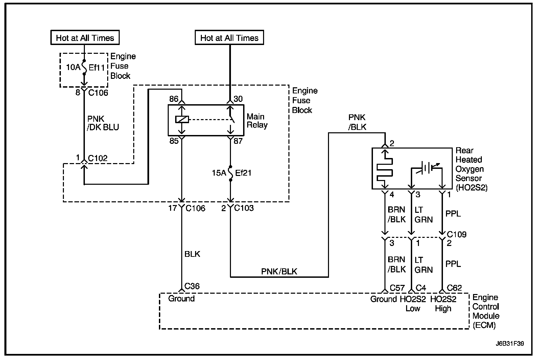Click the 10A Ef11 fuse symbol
[84, 67]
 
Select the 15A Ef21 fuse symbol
[231, 173]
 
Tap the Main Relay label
[257, 121]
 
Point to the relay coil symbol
[182, 119]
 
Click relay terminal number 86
[174, 99]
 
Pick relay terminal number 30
[238, 99]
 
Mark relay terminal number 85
[174, 141]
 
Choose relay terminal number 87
[238, 141]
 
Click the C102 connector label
[98, 158]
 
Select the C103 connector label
[244, 208]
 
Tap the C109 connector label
[457, 234]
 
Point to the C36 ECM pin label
[192, 286]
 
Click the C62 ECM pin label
[454, 288]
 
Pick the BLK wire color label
[192, 254]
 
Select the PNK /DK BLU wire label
[103, 123]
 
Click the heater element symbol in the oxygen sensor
[385, 169]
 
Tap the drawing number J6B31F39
[510, 343]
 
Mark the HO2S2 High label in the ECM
[443, 304]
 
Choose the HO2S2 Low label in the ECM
[413, 304]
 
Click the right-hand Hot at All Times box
[230, 38]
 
